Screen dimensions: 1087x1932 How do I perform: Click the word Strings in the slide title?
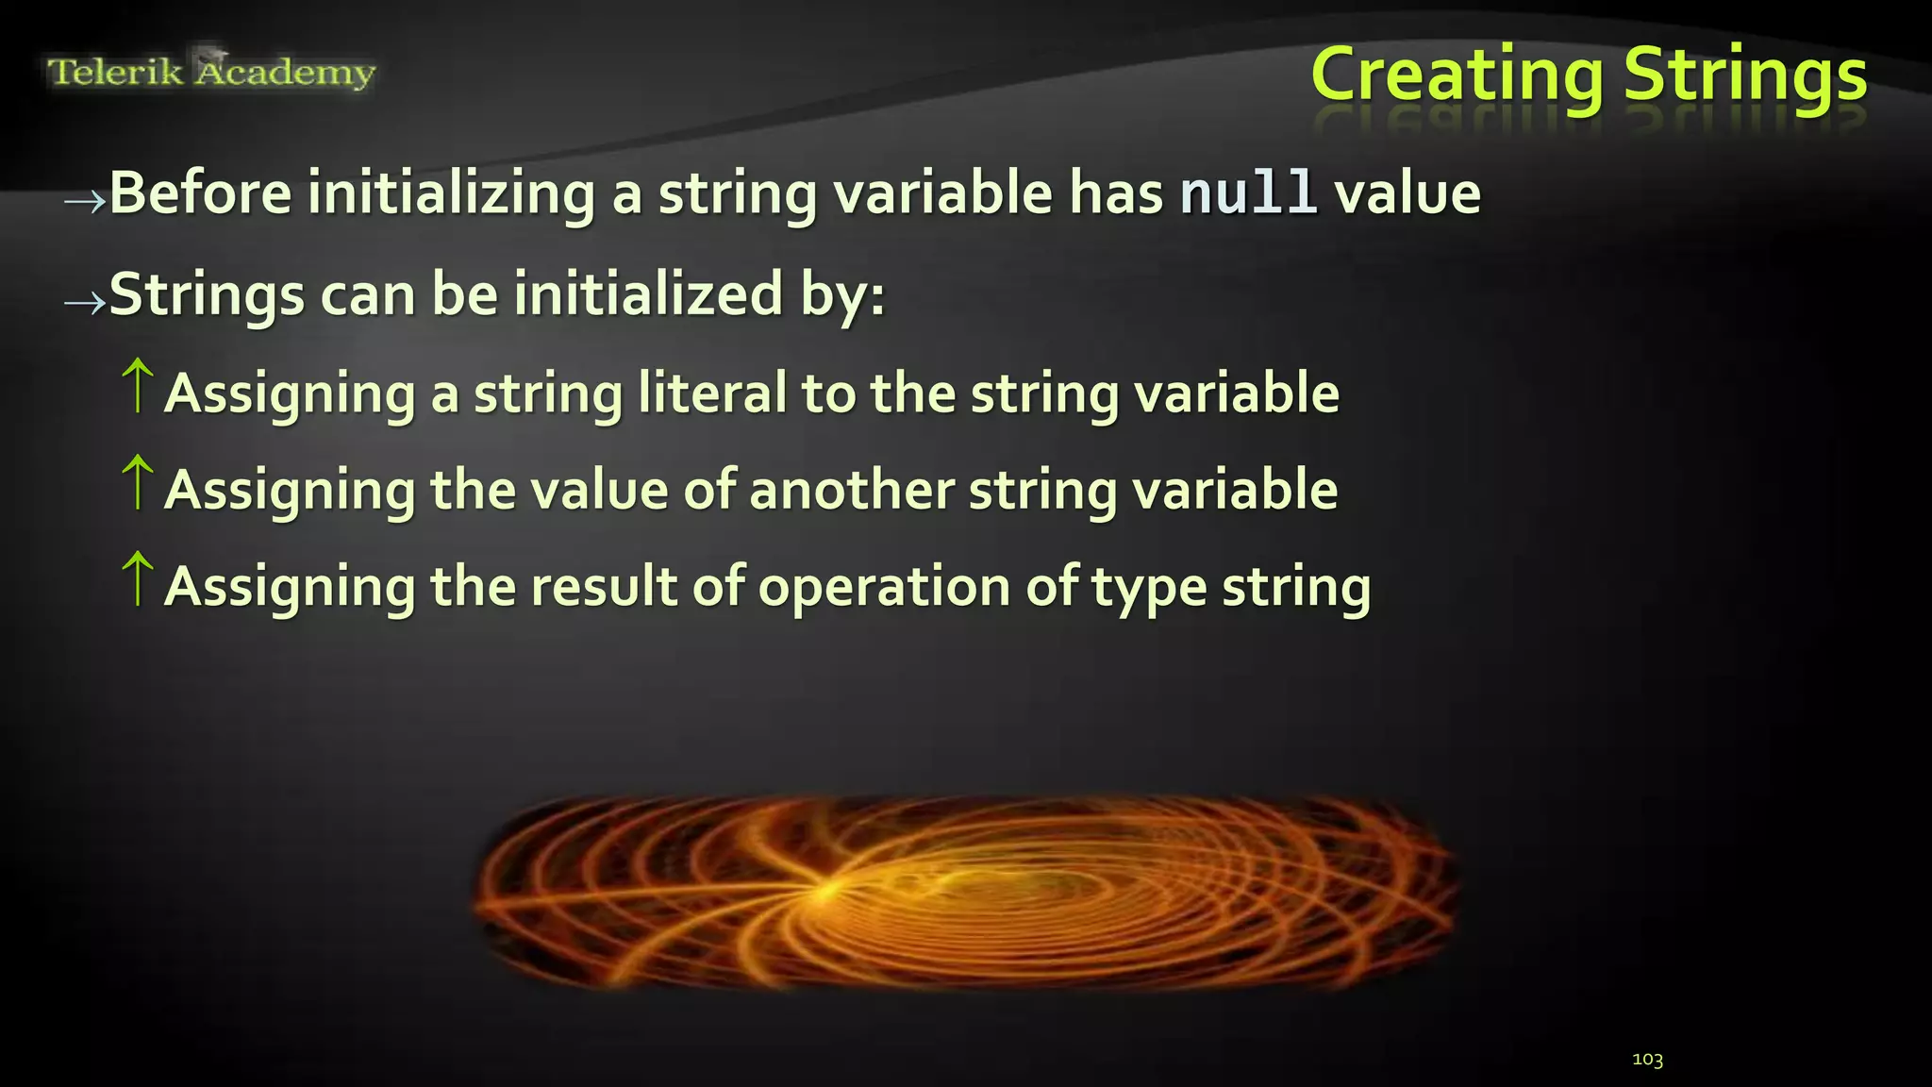coord(1745,75)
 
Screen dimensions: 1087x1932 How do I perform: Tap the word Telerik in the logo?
coord(114,72)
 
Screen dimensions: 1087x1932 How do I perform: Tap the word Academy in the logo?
coord(285,72)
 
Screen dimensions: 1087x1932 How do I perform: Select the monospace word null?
coord(1248,193)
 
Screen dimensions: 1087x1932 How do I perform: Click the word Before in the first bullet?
coord(201,193)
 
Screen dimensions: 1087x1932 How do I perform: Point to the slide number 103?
coord(1647,1060)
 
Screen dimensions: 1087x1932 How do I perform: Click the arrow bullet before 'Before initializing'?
coord(84,201)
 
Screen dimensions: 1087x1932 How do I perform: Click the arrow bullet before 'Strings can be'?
coord(84,302)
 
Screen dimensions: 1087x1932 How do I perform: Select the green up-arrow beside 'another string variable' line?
coord(138,482)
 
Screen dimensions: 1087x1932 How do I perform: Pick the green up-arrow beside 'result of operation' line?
coord(138,578)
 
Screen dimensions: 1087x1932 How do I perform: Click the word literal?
coord(712,393)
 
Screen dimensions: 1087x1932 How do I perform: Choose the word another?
coord(852,490)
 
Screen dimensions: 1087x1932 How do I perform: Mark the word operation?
coord(884,588)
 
